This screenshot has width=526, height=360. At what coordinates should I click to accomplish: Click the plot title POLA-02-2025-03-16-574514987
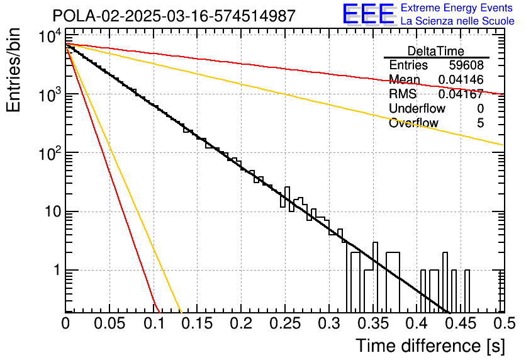point(174,16)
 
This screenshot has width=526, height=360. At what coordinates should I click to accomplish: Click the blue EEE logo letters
point(369,14)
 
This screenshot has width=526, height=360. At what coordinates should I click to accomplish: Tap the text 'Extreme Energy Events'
point(457,8)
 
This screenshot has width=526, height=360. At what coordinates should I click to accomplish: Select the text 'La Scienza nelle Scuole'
point(457,21)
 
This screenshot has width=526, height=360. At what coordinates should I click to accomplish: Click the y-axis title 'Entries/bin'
point(13,70)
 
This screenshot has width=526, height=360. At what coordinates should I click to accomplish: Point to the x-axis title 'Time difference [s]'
point(430,346)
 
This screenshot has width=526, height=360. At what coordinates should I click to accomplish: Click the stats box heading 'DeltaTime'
point(436,51)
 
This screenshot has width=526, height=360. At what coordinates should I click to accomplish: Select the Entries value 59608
point(466,65)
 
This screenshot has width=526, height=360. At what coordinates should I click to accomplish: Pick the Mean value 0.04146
point(461,79)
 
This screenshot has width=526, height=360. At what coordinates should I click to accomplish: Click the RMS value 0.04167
point(461,94)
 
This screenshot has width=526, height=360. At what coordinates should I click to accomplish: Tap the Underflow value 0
point(480,108)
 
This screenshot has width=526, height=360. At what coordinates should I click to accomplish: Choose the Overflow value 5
point(480,123)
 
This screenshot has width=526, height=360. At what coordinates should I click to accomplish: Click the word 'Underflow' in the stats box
point(417,108)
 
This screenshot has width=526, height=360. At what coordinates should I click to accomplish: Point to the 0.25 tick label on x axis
point(285,323)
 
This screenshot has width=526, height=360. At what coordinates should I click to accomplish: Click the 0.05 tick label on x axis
point(109,323)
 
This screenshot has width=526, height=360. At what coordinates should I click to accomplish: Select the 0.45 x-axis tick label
point(461,323)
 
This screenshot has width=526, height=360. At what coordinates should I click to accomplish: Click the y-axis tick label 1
point(57,270)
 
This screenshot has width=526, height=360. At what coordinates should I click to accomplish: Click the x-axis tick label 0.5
point(504,323)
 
